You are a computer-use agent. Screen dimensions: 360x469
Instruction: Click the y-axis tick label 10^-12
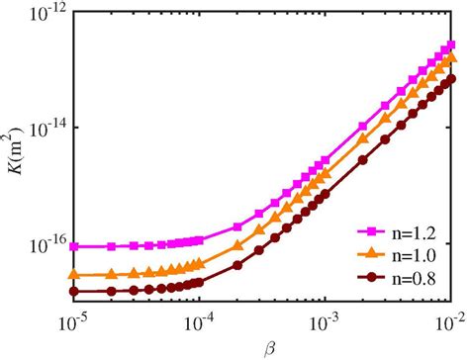[x=48, y=11]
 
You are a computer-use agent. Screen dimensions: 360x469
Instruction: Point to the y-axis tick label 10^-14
[x=48, y=127]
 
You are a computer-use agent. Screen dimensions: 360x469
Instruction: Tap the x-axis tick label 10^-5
[x=72, y=322]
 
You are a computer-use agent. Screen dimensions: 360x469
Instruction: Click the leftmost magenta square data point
[x=73, y=246]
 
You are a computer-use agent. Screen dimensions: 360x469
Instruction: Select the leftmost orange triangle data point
[x=73, y=275]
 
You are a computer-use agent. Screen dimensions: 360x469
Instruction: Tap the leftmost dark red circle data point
[x=73, y=292]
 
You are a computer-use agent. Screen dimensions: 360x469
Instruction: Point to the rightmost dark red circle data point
[x=452, y=78]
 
